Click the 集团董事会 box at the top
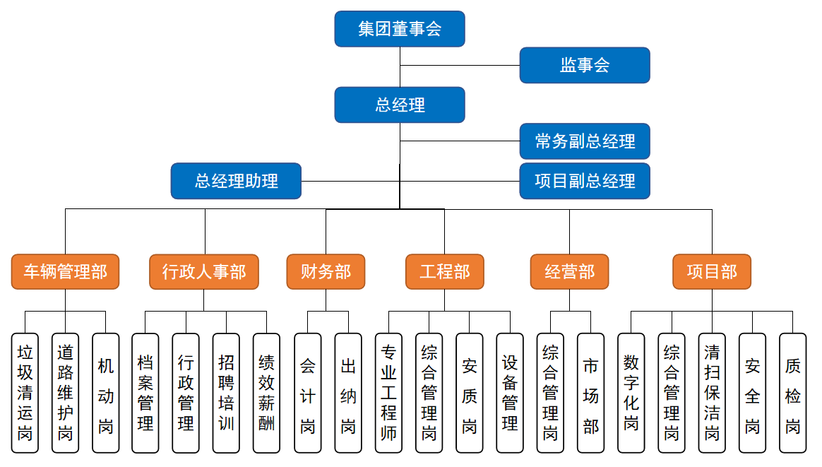coord(400,29)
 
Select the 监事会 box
coord(585,66)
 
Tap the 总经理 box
coord(400,105)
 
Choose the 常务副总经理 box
coord(585,141)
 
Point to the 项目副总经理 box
coord(585,181)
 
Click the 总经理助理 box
coord(236,181)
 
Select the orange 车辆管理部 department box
coord(65,272)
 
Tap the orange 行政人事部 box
coord(204,272)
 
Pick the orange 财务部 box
coord(326,272)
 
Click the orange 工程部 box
coord(445,272)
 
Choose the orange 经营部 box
coord(569,272)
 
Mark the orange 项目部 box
coord(712,272)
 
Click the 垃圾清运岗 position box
coord(25,393)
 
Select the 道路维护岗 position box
coord(65,393)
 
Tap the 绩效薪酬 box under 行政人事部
coord(266,393)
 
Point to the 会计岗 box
coord(307,393)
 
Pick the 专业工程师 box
coord(388,393)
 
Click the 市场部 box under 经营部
coord(590,393)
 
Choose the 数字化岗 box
coord(631,393)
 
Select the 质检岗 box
coord(792,393)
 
